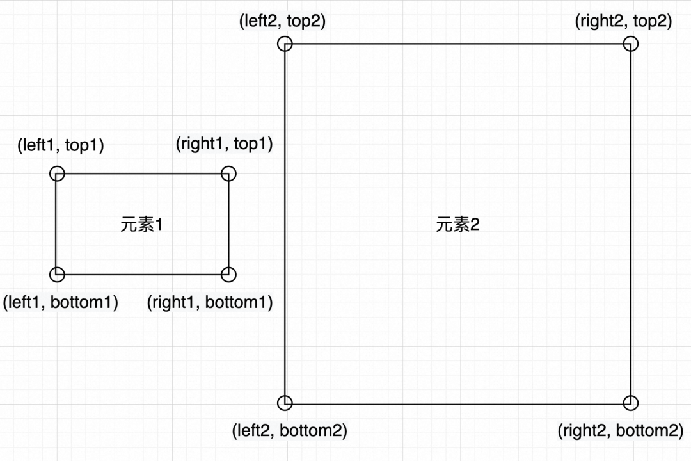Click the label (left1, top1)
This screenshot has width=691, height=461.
point(60,145)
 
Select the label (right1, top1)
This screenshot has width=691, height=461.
point(224,143)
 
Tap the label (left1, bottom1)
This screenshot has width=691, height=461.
point(61,302)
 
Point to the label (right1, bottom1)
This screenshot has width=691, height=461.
point(210,302)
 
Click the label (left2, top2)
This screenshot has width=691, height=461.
point(282,21)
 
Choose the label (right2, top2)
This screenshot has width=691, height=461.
point(624,21)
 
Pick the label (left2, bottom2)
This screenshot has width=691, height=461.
point(289,430)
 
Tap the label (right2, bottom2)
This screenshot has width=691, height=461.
point(621,430)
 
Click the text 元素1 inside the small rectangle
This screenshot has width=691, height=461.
point(142,225)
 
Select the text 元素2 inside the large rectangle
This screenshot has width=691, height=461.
point(457,225)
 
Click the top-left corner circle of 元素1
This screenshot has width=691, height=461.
point(57,174)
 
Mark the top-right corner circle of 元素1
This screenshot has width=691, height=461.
point(228,174)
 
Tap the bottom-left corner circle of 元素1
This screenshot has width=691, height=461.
point(57,275)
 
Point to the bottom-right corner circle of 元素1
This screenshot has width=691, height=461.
point(228,275)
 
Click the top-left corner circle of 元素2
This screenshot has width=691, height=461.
point(285,44)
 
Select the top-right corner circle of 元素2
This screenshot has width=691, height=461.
point(631,44)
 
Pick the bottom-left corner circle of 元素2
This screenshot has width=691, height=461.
point(285,403)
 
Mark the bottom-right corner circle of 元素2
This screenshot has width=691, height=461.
point(631,403)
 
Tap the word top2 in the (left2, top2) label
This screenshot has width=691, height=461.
point(304,21)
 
